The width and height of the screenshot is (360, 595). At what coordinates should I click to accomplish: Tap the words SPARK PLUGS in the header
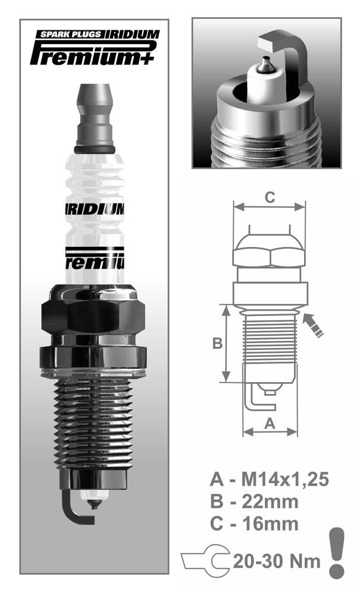71,35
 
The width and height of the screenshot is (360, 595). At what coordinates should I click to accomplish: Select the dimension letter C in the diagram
270,198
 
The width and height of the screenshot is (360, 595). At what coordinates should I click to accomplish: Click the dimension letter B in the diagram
217,343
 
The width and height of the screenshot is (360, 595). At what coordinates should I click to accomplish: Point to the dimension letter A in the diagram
270,423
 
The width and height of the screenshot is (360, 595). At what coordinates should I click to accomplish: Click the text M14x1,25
285,480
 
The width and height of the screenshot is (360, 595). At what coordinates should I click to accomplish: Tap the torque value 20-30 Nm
277,561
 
